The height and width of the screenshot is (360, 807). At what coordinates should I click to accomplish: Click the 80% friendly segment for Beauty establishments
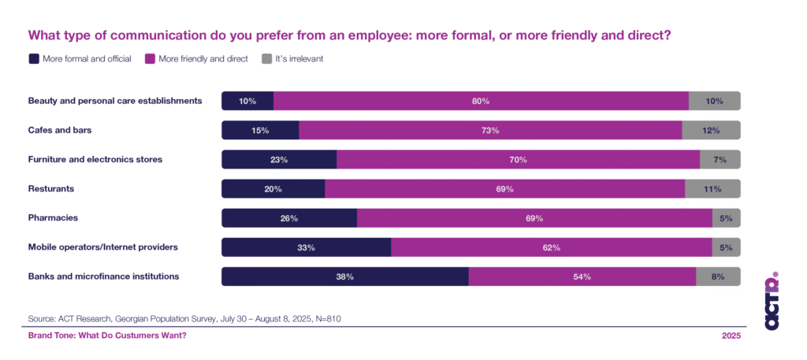[x=481, y=101]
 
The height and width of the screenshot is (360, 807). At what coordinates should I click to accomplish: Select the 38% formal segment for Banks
[x=344, y=276]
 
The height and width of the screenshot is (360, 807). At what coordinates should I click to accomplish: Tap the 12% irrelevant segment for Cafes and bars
[x=711, y=130]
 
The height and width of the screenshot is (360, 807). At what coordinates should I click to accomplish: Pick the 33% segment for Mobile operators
[x=306, y=247]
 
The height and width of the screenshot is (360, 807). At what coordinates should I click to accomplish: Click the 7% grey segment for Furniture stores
[x=720, y=159]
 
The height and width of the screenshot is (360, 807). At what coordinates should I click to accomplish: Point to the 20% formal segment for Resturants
[x=273, y=189]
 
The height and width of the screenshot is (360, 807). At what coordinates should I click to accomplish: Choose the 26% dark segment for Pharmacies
[x=289, y=218]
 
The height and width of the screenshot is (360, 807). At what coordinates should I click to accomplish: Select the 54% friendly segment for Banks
[x=582, y=276]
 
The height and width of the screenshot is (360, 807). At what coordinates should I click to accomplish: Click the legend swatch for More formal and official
[x=33, y=58]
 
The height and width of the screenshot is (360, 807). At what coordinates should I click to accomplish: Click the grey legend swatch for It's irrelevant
[x=266, y=58]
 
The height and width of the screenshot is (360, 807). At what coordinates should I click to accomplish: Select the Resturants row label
[x=50, y=188]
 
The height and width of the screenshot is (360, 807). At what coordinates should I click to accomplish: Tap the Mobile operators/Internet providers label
[x=102, y=247]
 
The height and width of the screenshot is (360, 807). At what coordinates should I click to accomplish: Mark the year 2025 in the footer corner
[x=731, y=336]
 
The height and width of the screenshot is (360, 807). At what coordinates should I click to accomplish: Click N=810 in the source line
[x=325, y=318]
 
